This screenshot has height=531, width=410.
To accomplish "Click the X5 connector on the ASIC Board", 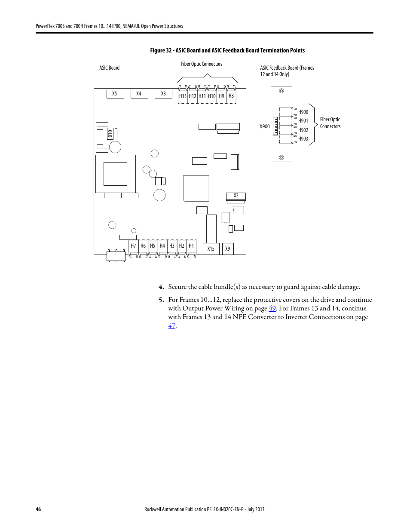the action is click(x=115, y=94).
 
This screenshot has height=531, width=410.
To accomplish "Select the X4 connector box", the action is click(x=139, y=94).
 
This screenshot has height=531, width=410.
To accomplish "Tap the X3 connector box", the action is click(x=163, y=94).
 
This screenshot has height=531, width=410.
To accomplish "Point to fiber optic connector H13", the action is click(x=183, y=95).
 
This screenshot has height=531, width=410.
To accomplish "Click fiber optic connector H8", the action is click(x=231, y=95).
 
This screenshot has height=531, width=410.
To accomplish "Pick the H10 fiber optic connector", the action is click(x=212, y=95).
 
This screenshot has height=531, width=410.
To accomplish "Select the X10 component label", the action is click(x=110, y=134).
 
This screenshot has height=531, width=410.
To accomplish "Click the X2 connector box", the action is click(x=236, y=196).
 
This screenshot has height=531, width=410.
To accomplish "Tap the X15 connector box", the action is click(x=211, y=249).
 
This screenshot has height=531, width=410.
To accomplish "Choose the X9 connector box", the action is click(x=228, y=249).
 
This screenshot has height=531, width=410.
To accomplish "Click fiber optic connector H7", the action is click(x=133, y=248).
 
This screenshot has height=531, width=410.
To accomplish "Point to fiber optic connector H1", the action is click(x=191, y=248).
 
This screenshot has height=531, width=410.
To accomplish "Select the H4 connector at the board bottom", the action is click(x=162, y=248).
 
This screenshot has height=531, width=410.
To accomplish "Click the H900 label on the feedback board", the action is click(x=303, y=112).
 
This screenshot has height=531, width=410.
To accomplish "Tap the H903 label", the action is click(x=303, y=139).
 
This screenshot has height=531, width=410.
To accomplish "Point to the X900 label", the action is click(x=264, y=126).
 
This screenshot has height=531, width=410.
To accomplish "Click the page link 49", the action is click(x=272, y=308).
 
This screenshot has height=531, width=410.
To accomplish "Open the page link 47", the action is click(x=171, y=326).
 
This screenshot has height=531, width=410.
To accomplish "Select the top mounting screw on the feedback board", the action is click(x=281, y=91).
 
